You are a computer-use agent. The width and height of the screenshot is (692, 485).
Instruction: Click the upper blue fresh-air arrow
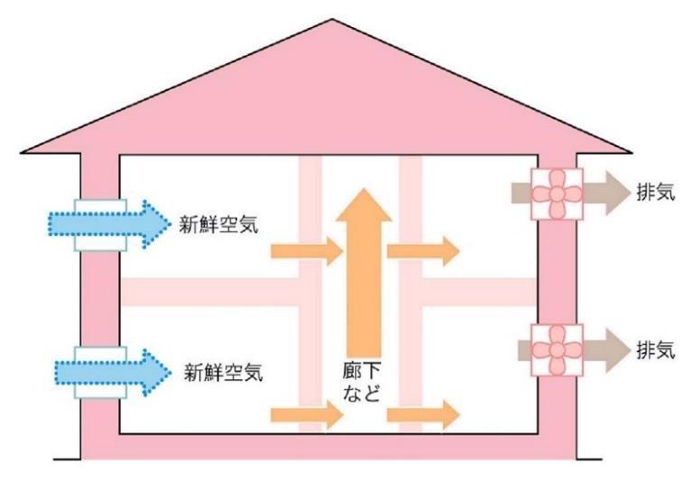point(108,221)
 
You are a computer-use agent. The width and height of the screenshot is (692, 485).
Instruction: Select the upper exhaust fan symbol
point(557,193)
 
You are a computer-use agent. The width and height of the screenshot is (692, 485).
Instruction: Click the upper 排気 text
point(655,194)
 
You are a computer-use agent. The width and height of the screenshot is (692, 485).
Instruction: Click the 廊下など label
point(364,382)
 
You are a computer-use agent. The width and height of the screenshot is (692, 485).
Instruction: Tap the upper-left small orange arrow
point(306,251)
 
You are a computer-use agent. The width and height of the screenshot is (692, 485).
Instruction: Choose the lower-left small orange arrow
point(306,415)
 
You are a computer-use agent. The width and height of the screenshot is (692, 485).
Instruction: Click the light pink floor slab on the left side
point(208,292)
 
